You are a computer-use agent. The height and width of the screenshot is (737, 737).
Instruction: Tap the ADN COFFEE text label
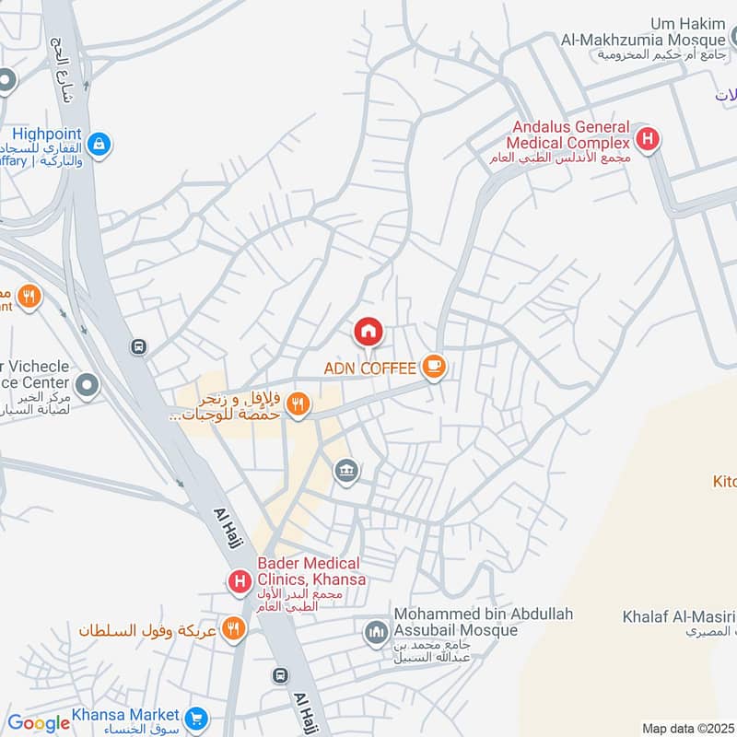pos(368,368)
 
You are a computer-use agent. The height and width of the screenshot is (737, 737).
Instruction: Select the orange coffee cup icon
pos(433,368)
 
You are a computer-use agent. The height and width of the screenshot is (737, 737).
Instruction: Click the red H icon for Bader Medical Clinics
pos(240,581)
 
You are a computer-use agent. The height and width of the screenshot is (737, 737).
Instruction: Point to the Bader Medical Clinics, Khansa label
pos(311,571)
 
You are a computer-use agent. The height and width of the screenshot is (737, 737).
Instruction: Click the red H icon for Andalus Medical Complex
pos(649,141)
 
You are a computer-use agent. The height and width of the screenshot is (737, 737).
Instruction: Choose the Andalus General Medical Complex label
pos(567,135)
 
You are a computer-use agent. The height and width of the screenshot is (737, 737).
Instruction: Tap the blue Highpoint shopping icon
pos(99,144)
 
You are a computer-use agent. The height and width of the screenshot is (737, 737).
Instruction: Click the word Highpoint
pos(46,133)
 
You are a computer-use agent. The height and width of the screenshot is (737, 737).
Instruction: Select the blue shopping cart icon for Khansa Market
pos(195,717)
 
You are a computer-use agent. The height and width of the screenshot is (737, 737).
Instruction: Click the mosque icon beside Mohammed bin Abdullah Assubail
pos(375,633)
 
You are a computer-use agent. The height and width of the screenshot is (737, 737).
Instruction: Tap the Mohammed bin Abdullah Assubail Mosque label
pos(484,622)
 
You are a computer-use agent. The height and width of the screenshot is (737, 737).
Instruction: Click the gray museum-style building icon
pos(346,472)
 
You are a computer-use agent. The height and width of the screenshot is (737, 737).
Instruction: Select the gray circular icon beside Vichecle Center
pos(88,386)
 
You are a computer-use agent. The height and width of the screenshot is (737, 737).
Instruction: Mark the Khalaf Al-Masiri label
pos(678,616)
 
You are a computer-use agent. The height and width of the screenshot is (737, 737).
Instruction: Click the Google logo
pos(39,723)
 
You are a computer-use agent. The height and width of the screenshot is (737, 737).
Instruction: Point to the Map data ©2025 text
pos(687,728)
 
